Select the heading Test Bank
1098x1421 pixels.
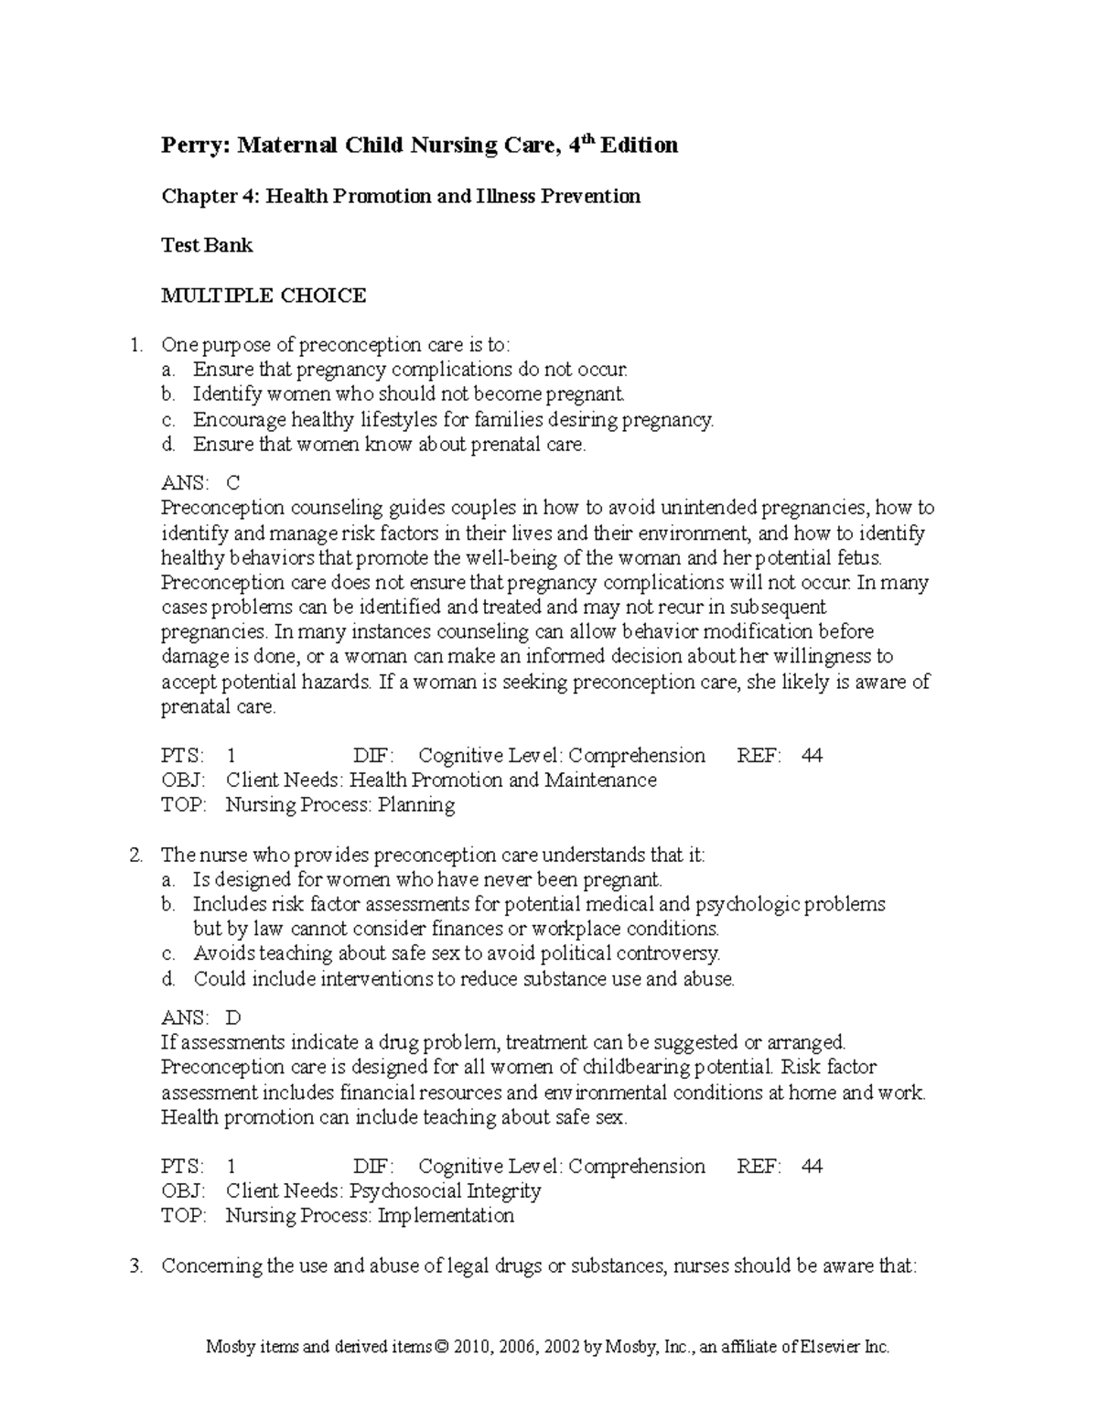[207, 245]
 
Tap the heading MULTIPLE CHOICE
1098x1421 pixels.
[264, 296]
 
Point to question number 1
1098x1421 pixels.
[136, 346]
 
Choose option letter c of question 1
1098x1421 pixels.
[167, 420]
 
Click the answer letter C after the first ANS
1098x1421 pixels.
[232, 483]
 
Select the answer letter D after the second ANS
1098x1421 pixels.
[233, 1017]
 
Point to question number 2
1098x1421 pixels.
[136, 856]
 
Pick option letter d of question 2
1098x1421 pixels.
[167, 979]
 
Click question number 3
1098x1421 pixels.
[136, 1266]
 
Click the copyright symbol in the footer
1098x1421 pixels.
[445, 1348]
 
